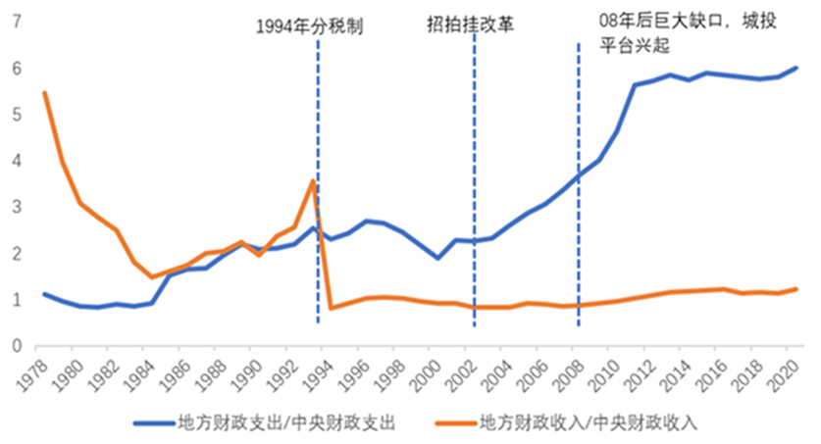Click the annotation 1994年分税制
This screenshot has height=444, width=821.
click(309, 26)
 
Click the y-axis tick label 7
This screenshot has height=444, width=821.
click(17, 22)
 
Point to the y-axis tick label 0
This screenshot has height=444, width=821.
click(17, 346)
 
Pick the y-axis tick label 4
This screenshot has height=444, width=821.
click(17, 161)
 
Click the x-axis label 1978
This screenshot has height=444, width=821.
click(42, 372)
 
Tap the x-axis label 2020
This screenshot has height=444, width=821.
click(793, 372)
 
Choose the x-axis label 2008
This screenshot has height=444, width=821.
click(579, 372)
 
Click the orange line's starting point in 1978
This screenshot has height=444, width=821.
click(45, 93)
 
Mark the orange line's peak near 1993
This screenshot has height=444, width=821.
click(313, 180)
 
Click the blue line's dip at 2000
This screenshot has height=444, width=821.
click(438, 258)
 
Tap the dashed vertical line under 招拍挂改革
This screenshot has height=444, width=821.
click(475, 176)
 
